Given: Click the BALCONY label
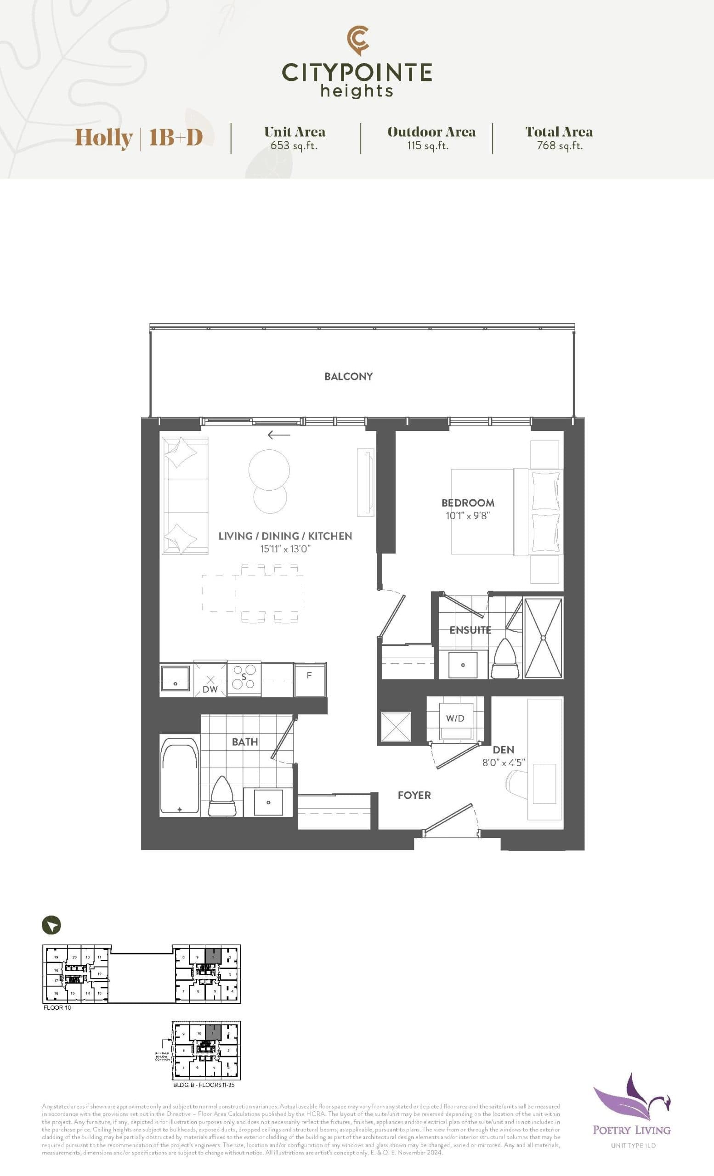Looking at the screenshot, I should (348, 376).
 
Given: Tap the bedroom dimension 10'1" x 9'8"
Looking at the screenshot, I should (468, 515).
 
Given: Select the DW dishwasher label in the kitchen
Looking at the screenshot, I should (210, 689).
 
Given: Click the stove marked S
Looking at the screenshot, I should (244, 677).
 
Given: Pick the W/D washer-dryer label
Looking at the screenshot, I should (455, 718).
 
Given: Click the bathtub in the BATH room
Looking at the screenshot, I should (180, 775).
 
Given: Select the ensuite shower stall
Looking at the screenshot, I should (543, 638).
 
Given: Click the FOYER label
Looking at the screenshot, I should (414, 795).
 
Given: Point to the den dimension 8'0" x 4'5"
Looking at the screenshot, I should (504, 763).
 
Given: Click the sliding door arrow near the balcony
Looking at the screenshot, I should (279, 435).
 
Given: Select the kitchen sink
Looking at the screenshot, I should (175, 678).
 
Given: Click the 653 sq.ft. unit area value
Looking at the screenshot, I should (294, 146).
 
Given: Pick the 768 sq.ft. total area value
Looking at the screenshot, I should (560, 146).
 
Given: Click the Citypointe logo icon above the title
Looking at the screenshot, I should (357, 40).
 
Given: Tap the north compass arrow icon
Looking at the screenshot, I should (51, 925).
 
